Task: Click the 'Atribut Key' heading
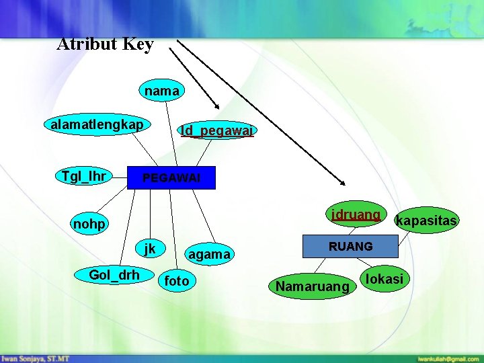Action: tap(106, 44)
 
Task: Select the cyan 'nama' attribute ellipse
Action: tap(162, 90)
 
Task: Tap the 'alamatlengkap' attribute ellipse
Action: tap(97, 124)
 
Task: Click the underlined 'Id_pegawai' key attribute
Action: tap(216, 130)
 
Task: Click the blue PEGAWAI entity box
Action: tap(171, 178)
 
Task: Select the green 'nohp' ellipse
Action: tap(90, 224)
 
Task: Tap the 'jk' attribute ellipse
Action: tap(149, 249)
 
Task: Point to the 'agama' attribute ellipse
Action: tap(209, 254)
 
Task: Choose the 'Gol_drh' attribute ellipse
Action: tap(114, 274)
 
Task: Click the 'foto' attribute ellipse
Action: tap(177, 280)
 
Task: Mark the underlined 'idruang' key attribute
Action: tap(356, 215)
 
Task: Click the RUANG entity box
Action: tap(350, 247)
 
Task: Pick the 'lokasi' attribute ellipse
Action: tap(385, 278)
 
